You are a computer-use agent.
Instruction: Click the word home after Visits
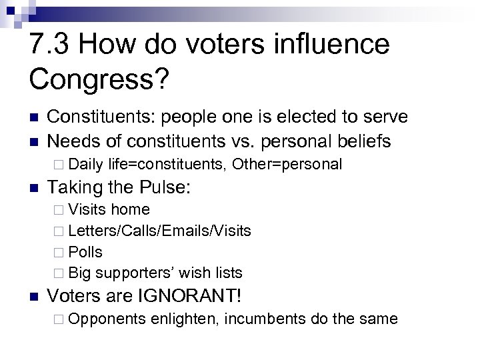[130, 209]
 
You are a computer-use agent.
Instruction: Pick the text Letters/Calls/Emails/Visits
[159, 231]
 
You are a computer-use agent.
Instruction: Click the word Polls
[85, 252]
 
